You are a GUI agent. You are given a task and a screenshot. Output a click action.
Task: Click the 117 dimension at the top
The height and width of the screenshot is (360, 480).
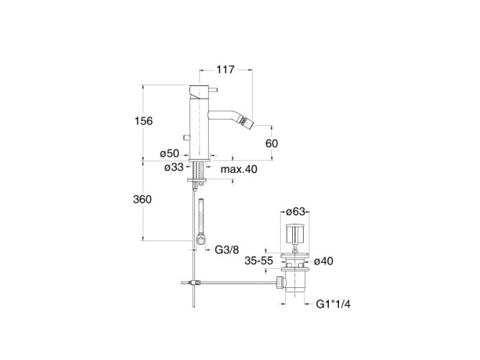click(226, 70)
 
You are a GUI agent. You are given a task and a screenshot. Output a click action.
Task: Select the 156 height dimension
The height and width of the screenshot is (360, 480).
click(144, 121)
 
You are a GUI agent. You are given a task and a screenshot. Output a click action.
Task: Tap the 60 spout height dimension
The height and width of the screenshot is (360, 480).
click(272, 143)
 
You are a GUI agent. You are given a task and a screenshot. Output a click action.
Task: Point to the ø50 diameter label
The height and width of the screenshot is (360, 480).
click(169, 153)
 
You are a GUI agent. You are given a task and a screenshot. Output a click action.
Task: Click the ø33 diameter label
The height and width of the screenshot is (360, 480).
click(173, 167)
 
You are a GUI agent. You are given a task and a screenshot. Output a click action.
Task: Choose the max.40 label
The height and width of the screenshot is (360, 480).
click(239, 169)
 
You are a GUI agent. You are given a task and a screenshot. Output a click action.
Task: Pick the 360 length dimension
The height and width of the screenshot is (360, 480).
click(142, 199)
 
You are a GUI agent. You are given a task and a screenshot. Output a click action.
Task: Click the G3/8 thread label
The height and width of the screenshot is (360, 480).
click(227, 250)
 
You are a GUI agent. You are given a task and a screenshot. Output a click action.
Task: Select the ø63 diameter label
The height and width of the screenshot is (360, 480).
click(296, 212)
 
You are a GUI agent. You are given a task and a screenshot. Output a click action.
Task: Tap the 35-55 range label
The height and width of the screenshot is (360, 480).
click(258, 261)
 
